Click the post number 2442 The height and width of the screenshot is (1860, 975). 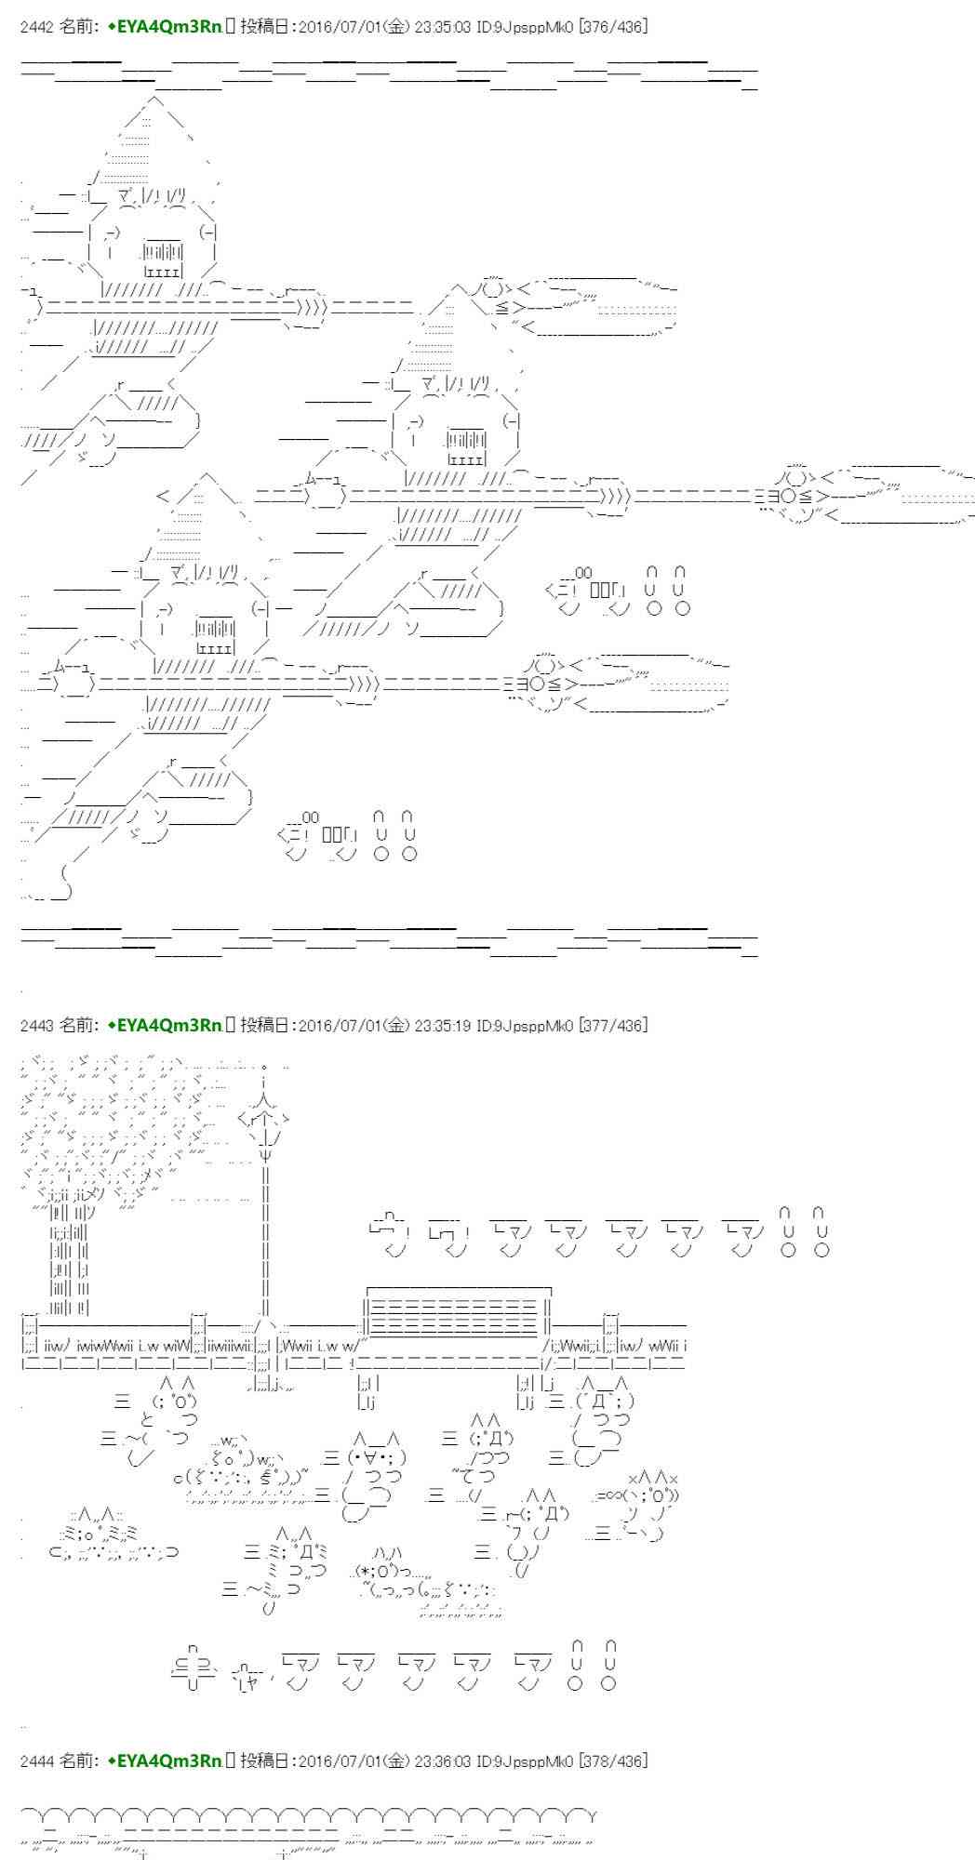pos(36,27)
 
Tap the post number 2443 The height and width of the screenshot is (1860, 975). pos(36,1025)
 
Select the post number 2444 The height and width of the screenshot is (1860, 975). pos(36,1760)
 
